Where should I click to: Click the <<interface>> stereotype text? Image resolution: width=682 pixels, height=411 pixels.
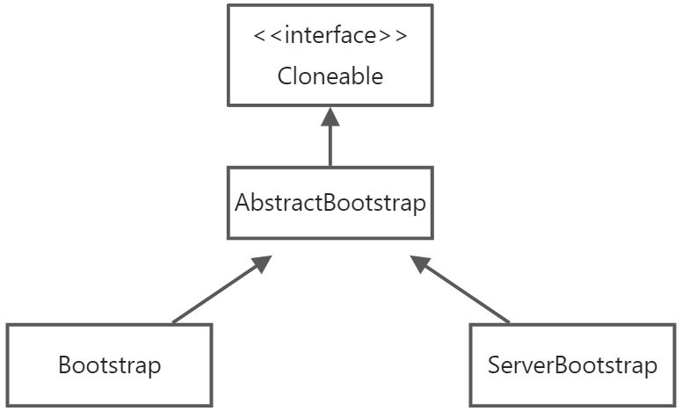(x=330, y=38)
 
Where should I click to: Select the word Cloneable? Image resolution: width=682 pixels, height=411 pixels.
(x=330, y=76)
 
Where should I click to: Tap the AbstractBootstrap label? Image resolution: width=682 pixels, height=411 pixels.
(x=330, y=203)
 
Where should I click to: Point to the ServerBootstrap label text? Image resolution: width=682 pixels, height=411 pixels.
(x=572, y=365)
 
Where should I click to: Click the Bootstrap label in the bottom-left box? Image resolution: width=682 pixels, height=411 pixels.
(x=110, y=365)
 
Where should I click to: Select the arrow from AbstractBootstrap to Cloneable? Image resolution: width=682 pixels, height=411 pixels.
(x=330, y=141)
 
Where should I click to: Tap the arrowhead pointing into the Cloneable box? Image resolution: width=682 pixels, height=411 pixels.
(x=330, y=115)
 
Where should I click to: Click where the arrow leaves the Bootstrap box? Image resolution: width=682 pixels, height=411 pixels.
(x=175, y=323)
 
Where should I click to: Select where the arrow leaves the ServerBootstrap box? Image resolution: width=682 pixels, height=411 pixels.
(x=509, y=322)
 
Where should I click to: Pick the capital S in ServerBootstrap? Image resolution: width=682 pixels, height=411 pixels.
(x=493, y=365)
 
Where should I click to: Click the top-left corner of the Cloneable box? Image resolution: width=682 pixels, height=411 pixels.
(x=229, y=5)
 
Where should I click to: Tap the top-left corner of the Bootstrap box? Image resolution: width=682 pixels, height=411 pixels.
(x=7, y=325)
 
